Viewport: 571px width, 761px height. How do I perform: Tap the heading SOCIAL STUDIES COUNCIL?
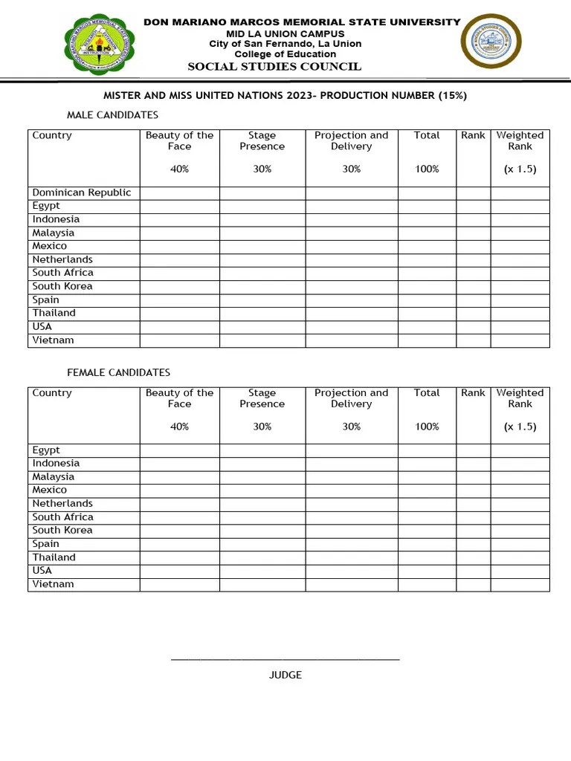click(274, 67)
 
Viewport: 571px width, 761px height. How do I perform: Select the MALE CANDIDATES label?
click(112, 115)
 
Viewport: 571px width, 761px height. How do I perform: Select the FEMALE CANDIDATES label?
click(118, 372)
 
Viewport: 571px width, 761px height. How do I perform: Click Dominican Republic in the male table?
click(82, 192)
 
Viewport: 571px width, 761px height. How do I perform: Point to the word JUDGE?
click(285, 675)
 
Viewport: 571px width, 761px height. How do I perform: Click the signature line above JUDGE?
click(285, 659)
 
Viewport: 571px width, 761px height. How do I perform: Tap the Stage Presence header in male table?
click(262, 140)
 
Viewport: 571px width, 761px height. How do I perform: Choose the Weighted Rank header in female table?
click(520, 398)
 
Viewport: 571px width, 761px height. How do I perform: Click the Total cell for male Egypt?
click(427, 206)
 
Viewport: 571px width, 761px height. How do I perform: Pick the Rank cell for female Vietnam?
click(473, 584)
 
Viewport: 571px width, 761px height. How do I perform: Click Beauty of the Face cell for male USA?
click(179, 326)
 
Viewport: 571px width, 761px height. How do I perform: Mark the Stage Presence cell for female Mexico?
click(262, 490)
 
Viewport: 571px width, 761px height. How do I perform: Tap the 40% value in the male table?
click(179, 169)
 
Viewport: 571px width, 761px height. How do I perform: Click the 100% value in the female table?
click(427, 427)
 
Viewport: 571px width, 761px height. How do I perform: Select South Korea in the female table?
click(62, 531)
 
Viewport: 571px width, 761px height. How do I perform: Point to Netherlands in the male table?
click(62, 259)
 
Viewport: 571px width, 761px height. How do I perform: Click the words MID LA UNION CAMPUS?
click(285, 34)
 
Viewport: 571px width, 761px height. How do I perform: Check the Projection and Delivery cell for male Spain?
click(351, 299)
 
